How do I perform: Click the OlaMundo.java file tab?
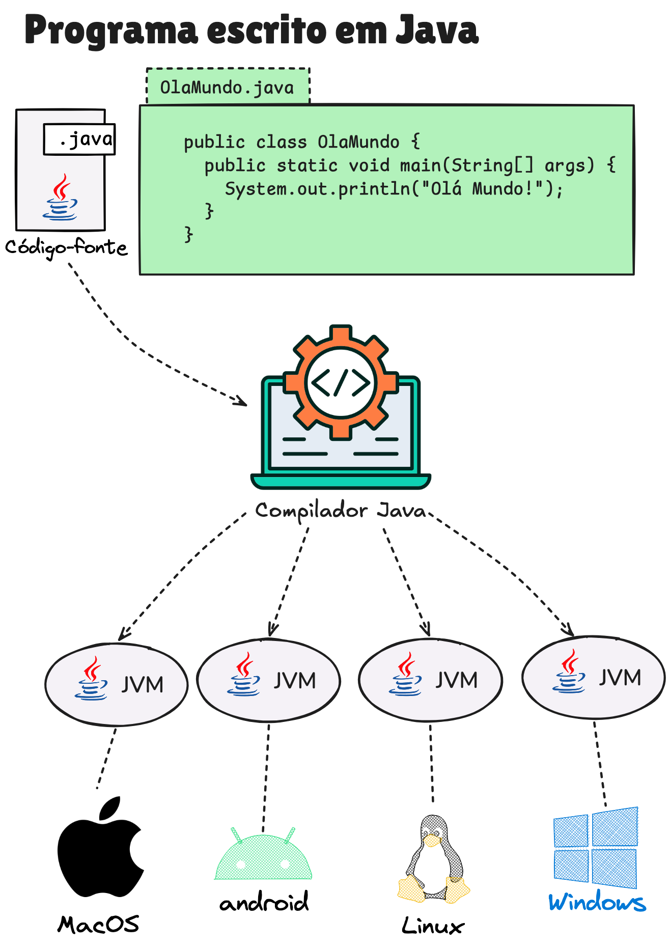point(228,87)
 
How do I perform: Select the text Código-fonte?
point(66,247)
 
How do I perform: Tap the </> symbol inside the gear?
point(341,382)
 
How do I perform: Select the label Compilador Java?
point(340,511)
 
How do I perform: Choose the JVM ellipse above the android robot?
point(268,681)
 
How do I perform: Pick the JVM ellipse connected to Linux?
point(430,680)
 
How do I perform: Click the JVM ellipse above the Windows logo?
point(594,678)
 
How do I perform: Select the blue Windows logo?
point(595,848)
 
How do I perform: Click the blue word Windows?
point(597,902)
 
